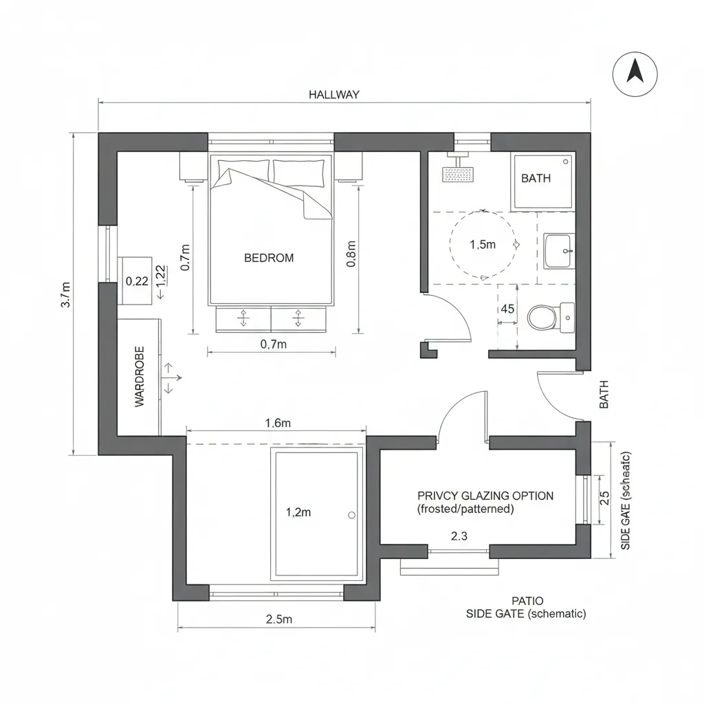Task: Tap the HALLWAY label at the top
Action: [333, 95]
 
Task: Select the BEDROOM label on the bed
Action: [269, 258]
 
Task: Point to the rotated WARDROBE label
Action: [140, 377]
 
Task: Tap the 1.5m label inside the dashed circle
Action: [482, 245]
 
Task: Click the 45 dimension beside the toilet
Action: [507, 309]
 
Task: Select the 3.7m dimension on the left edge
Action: [65, 294]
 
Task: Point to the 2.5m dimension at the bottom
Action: [279, 619]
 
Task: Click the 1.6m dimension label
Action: [278, 423]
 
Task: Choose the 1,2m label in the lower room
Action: [298, 511]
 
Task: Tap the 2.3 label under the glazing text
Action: [459, 536]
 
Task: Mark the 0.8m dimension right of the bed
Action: [351, 254]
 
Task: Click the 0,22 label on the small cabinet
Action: [137, 280]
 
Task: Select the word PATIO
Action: [527, 600]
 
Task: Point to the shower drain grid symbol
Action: [458, 175]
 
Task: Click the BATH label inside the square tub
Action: [536, 178]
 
